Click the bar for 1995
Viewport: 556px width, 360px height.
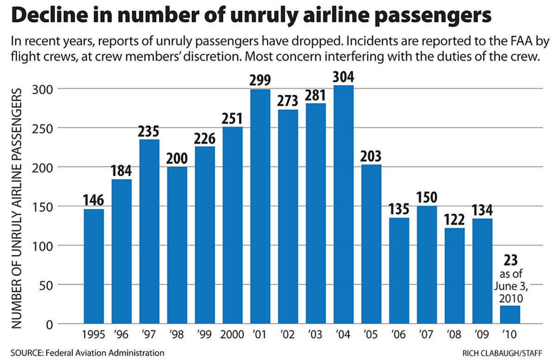94,266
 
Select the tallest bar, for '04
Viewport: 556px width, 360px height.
343,204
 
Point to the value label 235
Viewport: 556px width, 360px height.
149,131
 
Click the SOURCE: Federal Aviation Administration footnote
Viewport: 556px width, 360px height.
86,353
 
